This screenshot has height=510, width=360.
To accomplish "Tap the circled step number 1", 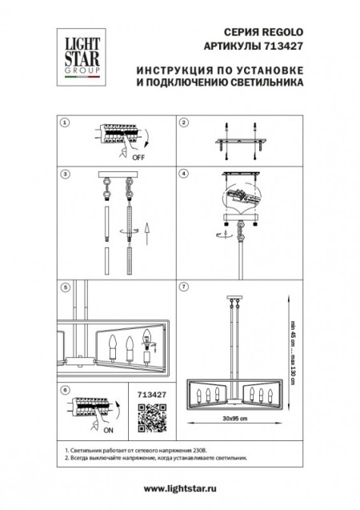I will click(66, 122).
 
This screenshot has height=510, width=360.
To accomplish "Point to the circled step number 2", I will click(183, 122).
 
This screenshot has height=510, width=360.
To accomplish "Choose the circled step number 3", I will click(66, 174).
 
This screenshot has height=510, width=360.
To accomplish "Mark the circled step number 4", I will click(183, 174).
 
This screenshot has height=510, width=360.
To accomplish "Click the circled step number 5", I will click(66, 286).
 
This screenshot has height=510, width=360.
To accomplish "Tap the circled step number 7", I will click(183, 286).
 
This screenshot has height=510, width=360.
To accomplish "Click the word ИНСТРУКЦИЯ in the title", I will click(174, 71).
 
